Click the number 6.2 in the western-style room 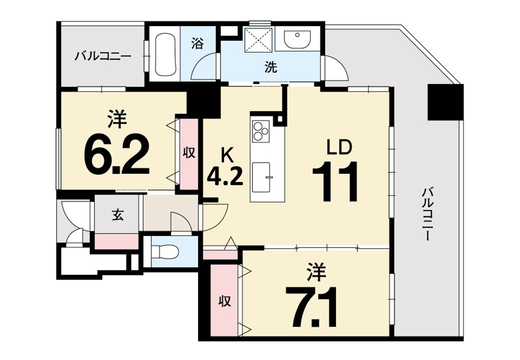tap(116, 155)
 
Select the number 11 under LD tap(335, 181)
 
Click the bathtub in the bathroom tap(165, 54)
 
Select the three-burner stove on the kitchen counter tap(261, 130)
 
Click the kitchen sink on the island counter tap(261, 177)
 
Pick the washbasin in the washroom tap(297, 39)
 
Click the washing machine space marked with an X tap(258, 40)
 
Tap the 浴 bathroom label tap(197, 43)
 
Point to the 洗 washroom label tap(270, 67)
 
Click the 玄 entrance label tap(117, 215)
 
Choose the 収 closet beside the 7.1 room tap(224, 301)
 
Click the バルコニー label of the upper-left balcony tap(102, 55)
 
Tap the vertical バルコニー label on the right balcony tap(428, 214)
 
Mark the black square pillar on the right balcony tap(445, 102)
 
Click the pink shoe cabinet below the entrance tap(116, 241)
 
